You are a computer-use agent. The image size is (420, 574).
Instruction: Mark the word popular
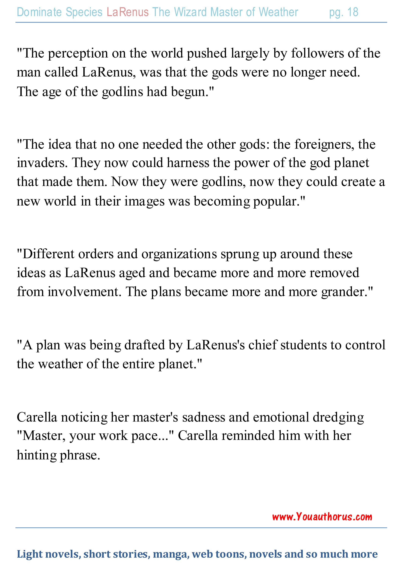point(279,201)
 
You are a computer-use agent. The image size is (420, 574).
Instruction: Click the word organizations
point(179,254)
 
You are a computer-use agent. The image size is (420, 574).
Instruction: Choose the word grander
point(345,292)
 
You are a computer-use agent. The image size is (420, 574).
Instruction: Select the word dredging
point(338,417)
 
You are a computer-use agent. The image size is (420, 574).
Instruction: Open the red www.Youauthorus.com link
point(322,517)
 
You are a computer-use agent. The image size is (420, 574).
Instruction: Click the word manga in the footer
point(171,554)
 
